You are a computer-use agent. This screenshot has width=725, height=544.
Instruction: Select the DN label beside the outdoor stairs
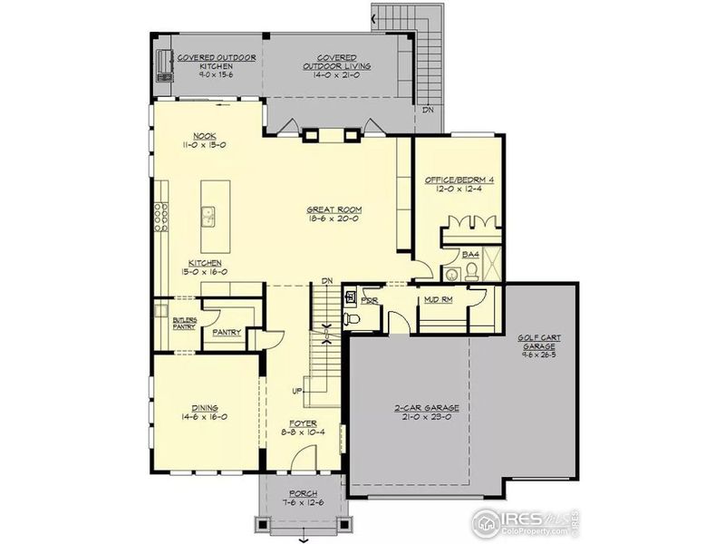tap(427, 111)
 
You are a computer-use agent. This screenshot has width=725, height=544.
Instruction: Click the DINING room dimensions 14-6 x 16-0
tap(204, 417)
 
